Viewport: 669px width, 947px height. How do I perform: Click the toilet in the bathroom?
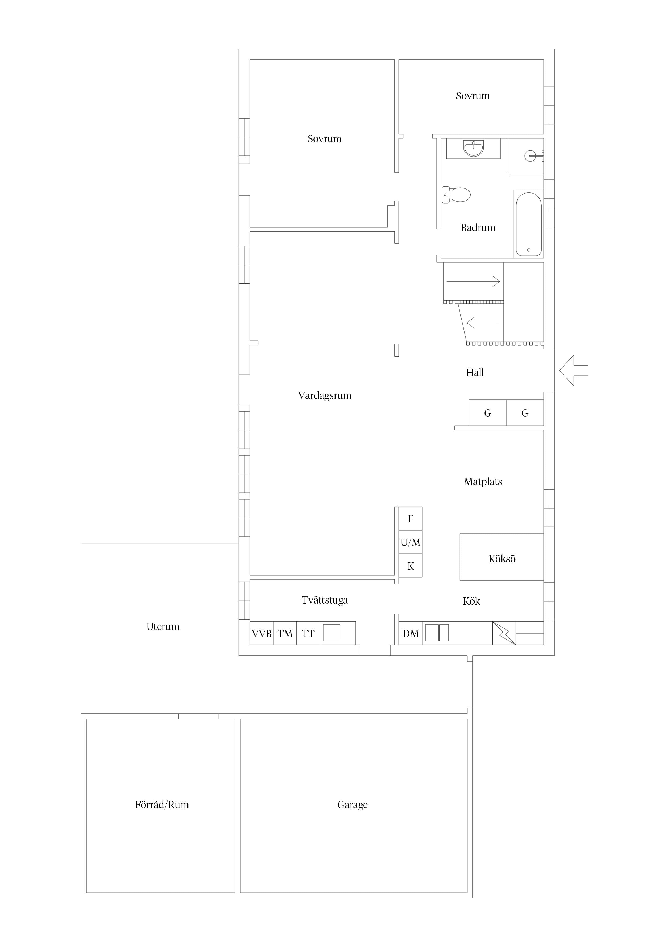(x=456, y=195)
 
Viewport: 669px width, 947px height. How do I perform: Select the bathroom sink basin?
(x=474, y=148)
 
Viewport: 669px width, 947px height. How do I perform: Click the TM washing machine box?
(x=285, y=633)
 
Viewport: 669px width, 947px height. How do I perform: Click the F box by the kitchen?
(x=411, y=519)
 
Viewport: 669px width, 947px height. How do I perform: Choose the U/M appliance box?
(x=411, y=542)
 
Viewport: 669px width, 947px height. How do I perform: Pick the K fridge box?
(x=411, y=566)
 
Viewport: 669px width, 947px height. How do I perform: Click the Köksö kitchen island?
(x=502, y=557)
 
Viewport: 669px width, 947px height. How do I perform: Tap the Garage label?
(x=352, y=805)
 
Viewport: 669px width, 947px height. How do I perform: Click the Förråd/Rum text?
(x=162, y=805)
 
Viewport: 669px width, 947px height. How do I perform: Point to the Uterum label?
(x=163, y=627)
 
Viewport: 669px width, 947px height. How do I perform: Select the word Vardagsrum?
(x=325, y=395)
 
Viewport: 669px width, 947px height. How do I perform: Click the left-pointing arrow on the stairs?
(x=483, y=323)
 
